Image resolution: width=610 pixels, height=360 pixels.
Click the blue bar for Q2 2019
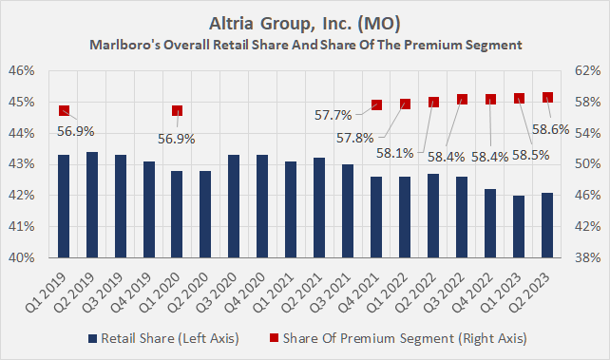pyautogui.click(x=91, y=204)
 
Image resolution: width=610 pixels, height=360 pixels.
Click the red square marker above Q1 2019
pyautogui.click(x=64, y=110)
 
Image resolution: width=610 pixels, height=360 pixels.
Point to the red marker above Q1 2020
pyautogui.click(x=177, y=111)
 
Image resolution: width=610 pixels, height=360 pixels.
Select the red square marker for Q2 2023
pyautogui.click(x=547, y=97)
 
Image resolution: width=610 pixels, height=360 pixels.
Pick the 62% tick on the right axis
pyautogui.click(x=588, y=71)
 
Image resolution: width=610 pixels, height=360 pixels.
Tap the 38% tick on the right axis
pyautogui.click(x=588, y=257)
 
